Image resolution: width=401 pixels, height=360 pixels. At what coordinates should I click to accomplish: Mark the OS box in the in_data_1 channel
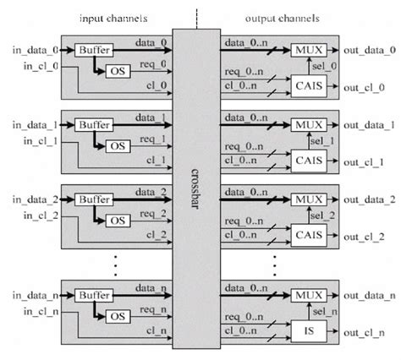tap(118, 146)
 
